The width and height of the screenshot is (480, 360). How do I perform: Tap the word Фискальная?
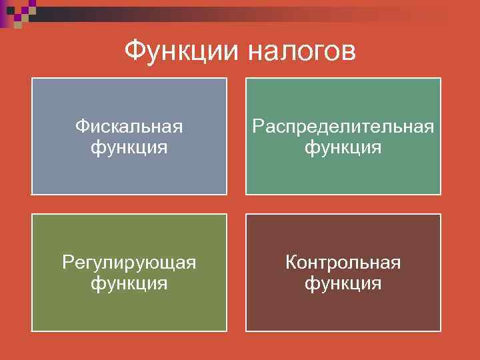point(129,126)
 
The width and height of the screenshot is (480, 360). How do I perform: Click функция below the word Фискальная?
point(129,147)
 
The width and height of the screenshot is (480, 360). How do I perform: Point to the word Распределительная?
point(343,126)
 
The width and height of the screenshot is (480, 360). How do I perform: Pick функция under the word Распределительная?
point(343,147)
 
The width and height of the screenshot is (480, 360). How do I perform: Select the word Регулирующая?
point(129,263)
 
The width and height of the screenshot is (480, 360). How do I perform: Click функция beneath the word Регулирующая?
point(129,283)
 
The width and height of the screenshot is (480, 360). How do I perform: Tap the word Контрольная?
point(343,263)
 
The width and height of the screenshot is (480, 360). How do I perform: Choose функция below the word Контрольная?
point(343,283)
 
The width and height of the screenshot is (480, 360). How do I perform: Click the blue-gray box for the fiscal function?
point(129,173)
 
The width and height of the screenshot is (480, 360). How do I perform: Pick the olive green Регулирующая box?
point(129,310)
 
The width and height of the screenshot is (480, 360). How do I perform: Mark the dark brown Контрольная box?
point(343,310)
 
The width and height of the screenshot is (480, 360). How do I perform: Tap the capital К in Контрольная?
point(291,263)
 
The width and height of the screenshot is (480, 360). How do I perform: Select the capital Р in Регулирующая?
point(67,263)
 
